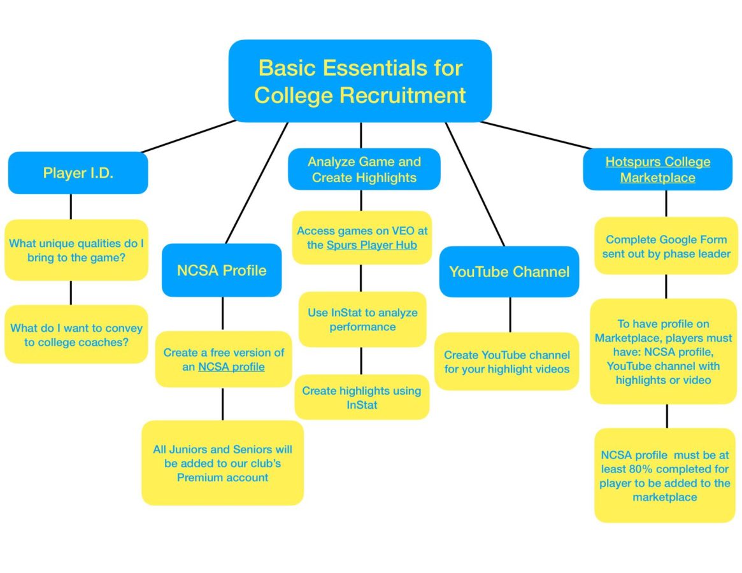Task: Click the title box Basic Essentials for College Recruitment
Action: [x=360, y=81]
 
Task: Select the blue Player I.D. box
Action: [x=78, y=173]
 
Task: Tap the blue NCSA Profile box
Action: [x=222, y=270]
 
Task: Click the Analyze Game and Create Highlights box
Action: [x=364, y=169]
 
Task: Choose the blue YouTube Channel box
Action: [x=509, y=272]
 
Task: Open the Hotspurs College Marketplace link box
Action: [x=657, y=169]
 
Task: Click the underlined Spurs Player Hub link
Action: [x=371, y=244]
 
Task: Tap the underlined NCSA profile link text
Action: [x=231, y=367]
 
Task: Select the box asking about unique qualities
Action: [x=76, y=250]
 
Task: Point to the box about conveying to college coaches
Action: [x=76, y=335]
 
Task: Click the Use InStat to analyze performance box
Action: [x=362, y=320]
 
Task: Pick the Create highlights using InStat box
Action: [x=362, y=397]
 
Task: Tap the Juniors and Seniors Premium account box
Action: [x=222, y=463]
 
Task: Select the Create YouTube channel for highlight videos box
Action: [x=507, y=362]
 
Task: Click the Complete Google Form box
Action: [x=666, y=246]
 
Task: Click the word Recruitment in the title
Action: [x=403, y=95]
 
